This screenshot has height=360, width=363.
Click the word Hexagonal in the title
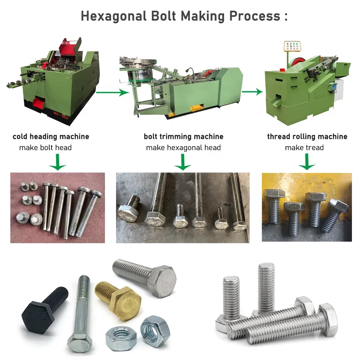tap(114, 16)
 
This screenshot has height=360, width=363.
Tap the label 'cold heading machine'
tap(51, 136)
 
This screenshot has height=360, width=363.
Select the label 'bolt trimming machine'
tap(184, 136)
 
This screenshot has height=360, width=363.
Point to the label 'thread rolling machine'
tap(307, 136)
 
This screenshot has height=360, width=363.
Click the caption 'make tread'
tap(304, 147)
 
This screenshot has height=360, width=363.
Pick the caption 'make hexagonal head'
tap(183, 147)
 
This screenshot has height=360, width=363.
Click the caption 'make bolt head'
tap(45, 147)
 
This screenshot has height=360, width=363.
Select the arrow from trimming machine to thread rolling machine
tap(252, 92)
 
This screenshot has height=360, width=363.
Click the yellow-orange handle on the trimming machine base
tap(195, 108)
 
